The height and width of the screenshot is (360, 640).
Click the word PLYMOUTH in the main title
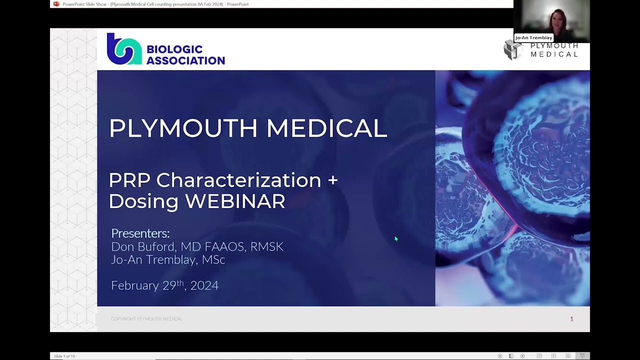pyautogui.click(x=183, y=128)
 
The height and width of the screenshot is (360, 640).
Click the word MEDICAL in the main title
pyautogui.click(x=326, y=128)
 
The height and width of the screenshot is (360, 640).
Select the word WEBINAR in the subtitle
pyautogui.click(x=235, y=201)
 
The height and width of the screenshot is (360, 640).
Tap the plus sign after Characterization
pyautogui.click(x=332, y=180)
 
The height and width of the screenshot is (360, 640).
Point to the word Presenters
pyautogui.click(x=140, y=233)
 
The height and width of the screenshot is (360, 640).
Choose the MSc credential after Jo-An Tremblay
pyautogui.click(x=213, y=260)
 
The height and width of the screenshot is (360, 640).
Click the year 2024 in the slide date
pyautogui.click(x=204, y=285)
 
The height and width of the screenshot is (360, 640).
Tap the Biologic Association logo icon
pyautogui.click(x=124, y=49)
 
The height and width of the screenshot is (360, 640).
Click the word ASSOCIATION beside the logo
pyautogui.click(x=185, y=60)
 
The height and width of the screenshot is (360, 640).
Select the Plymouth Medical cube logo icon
pyautogui.click(x=513, y=50)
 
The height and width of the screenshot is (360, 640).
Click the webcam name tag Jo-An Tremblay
pyautogui.click(x=533, y=37)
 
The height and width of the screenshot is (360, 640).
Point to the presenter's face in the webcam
pyautogui.click(x=556, y=20)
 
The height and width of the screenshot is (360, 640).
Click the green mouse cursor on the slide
pyautogui.click(x=396, y=239)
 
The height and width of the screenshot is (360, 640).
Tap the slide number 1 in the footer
pyautogui.click(x=571, y=319)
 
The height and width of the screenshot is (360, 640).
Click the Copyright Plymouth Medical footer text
pyautogui.click(x=146, y=319)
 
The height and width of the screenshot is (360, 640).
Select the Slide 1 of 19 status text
pyautogui.click(x=64, y=356)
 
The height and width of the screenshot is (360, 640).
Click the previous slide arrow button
pyautogui.click(x=500, y=356)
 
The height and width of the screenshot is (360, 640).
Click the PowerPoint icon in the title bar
pyautogui.click(x=56, y=4)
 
